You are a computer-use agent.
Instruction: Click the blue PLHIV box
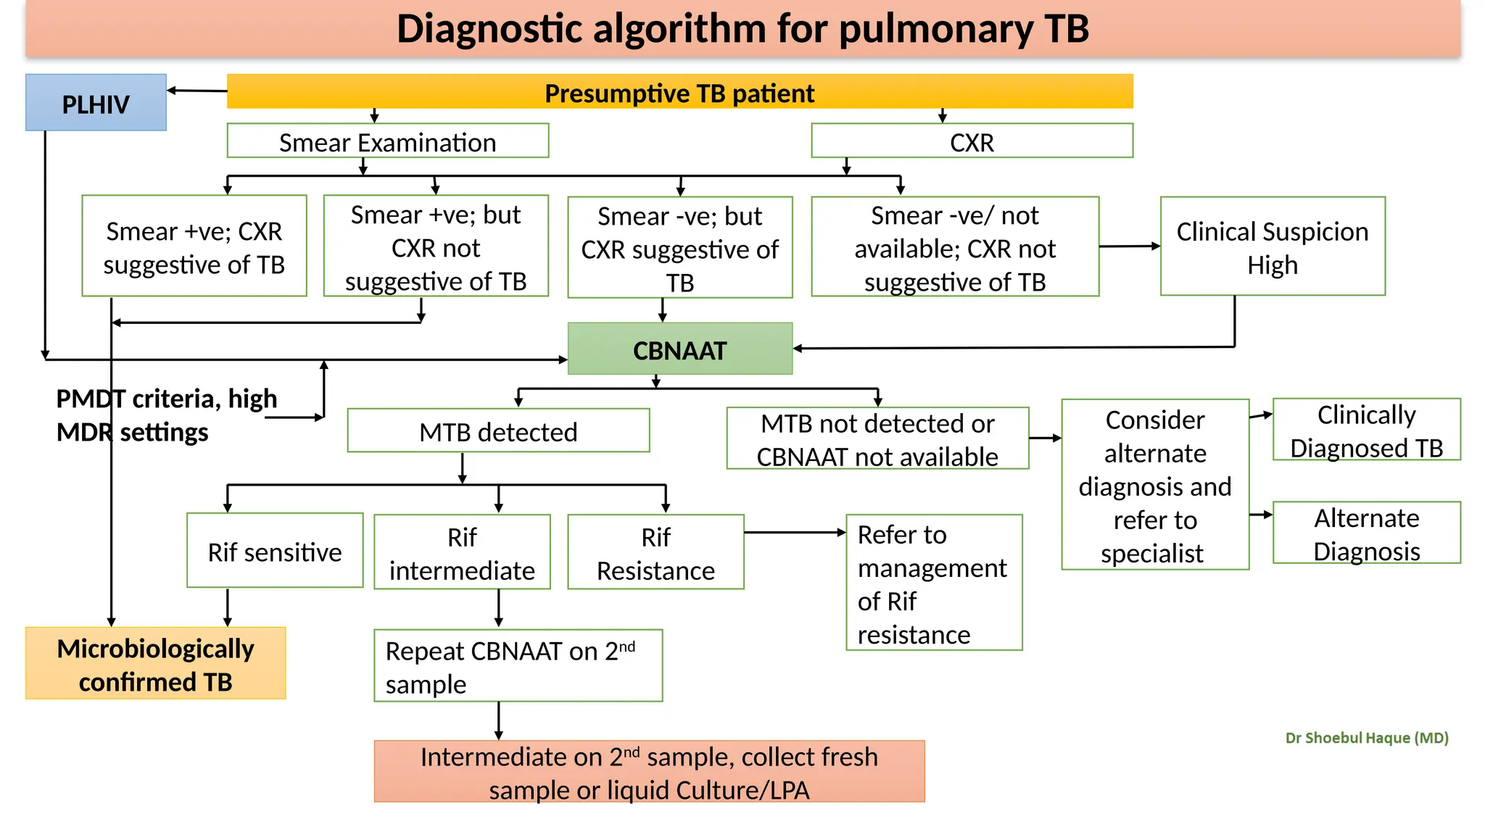(96, 103)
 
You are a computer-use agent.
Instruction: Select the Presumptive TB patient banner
(679, 92)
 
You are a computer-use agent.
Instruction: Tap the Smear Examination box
(387, 141)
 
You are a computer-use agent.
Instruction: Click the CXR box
(972, 141)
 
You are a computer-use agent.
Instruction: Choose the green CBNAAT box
(679, 349)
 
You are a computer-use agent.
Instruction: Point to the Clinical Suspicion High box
(1273, 247)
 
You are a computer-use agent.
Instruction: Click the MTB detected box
(498, 431)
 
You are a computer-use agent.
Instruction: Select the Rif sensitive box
(275, 551)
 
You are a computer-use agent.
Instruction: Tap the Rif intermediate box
(462, 552)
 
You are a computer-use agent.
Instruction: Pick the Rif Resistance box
(655, 552)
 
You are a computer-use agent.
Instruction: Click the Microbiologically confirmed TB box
(155, 664)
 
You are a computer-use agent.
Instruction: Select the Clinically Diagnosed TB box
(1366, 430)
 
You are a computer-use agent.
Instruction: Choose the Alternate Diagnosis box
(1366, 533)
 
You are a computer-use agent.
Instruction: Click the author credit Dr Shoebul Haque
(1366, 738)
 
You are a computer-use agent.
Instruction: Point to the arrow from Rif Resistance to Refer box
(794, 533)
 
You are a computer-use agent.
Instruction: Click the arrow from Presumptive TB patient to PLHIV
(197, 91)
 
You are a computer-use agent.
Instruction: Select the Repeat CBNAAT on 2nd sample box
(518, 665)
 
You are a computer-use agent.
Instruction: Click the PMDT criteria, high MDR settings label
(166, 415)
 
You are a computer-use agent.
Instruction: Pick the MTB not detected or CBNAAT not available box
(877, 439)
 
